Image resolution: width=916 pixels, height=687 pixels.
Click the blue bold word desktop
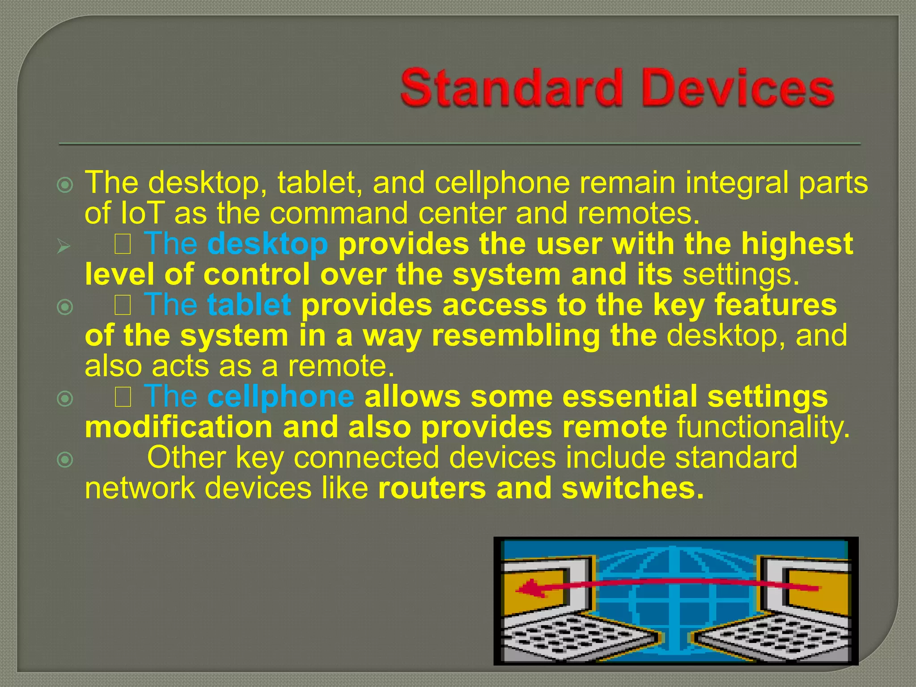click(x=267, y=244)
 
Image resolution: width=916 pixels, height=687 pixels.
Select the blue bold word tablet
click(x=249, y=305)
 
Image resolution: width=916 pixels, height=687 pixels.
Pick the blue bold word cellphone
click(x=281, y=397)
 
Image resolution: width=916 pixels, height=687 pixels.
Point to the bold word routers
click(x=432, y=488)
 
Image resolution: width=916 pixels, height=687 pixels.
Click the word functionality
click(x=763, y=427)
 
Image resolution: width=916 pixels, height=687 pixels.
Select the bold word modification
click(x=178, y=427)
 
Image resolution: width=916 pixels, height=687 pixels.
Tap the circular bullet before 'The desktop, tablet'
click(x=66, y=185)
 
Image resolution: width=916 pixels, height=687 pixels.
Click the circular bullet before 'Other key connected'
click(x=66, y=459)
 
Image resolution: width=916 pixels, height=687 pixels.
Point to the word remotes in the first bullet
click(x=638, y=213)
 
